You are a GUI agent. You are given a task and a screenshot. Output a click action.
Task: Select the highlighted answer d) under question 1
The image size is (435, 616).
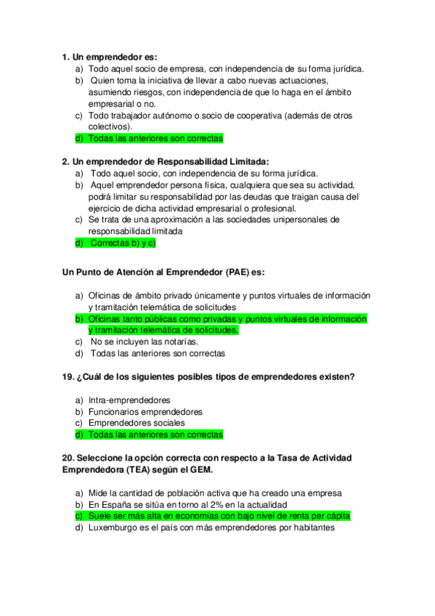click(155, 138)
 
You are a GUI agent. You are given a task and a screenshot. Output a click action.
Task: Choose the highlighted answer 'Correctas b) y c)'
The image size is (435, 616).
click(122, 243)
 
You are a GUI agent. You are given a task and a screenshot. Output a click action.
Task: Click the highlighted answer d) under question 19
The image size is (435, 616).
click(155, 434)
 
